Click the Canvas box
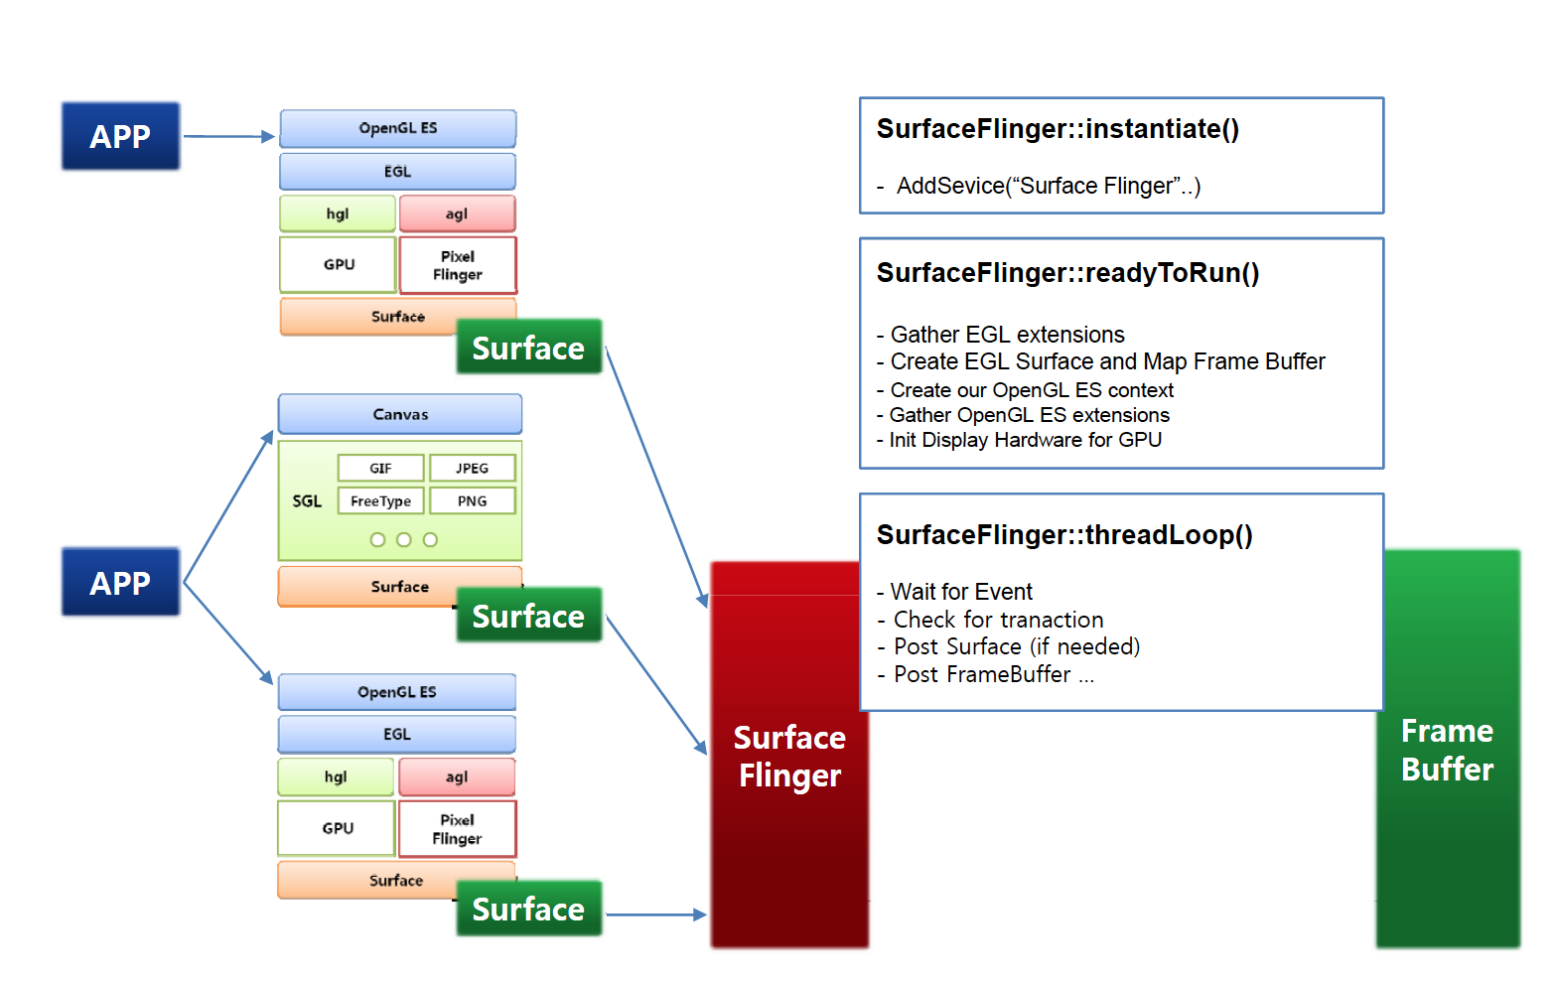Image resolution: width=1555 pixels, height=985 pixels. tap(400, 414)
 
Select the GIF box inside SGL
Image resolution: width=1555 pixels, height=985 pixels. tap(381, 468)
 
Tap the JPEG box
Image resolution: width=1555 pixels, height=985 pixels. tap(473, 468)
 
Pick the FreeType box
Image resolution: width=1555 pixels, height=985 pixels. tap(381, 500)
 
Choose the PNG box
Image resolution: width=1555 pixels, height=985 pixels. tap(473, 500)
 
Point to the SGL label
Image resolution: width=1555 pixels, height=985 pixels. tap(307, 501)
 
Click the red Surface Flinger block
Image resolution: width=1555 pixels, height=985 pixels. tap(789, 756)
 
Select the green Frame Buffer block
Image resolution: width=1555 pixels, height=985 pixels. tap(1448, 750)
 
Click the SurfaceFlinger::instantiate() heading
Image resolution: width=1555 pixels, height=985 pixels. tap(1058, 129)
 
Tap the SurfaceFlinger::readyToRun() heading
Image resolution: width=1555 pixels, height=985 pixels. tap(1067, 273)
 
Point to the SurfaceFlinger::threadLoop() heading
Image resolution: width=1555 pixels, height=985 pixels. tap(1064, 535)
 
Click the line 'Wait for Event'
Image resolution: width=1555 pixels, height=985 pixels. tap(961, 592)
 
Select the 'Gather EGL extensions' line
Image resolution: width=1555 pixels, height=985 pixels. tap(1007, 335)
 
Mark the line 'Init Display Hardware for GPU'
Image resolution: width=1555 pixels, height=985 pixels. tap(1025, 440)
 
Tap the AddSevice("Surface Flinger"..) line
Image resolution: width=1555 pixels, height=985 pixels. tap(1048, 186)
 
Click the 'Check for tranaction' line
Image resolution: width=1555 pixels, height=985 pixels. tap(998, 620)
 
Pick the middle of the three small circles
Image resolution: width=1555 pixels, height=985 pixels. tap(403, 540)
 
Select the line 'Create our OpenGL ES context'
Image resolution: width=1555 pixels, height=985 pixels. tap(1032, 390)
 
